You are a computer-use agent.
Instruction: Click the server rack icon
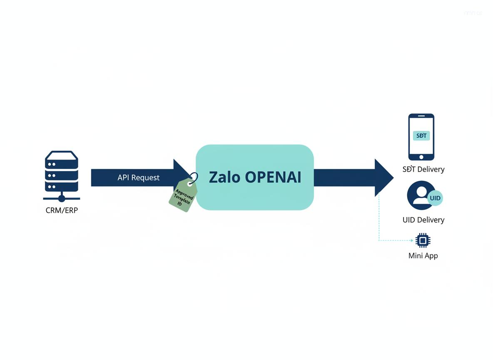pos(62,171)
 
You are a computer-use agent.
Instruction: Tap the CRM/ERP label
pos(62,210)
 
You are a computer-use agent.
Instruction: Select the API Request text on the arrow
pos(138,177)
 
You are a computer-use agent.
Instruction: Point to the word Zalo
pos(224,177)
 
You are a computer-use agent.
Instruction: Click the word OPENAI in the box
pos(273,177)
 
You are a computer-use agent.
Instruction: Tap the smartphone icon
pos(421,137)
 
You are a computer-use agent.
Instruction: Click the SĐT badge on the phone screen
pos(421,136)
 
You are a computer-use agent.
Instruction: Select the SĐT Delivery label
pos(423,169)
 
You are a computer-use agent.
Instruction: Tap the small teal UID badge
pos(435,198)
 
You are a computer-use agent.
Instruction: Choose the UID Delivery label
pos(423,220)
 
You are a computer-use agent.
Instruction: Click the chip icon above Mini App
pos(423,240)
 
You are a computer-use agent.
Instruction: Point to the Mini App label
pos(423,255)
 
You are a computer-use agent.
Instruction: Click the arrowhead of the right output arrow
pos(383,177)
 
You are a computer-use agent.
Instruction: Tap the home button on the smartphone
pos(421,157)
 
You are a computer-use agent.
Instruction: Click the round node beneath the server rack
pos(62,198)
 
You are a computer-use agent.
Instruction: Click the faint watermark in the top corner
pos(473,13)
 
